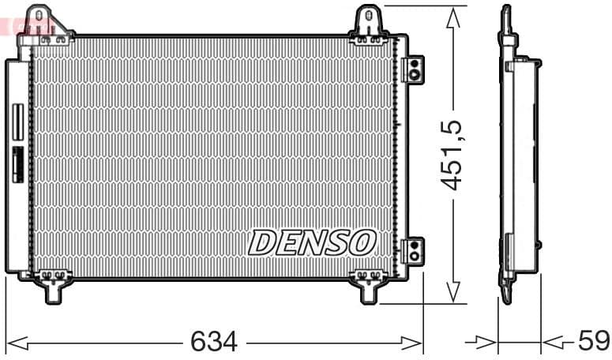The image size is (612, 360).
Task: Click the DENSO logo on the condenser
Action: click(x=312, y=242)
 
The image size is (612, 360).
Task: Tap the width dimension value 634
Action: click(x=214, y=342)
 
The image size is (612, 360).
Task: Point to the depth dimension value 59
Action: click(x=593, y=342)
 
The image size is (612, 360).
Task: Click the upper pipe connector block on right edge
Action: click(x=413, y=69)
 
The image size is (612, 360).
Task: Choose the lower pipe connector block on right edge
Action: click(x=413, y=250)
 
